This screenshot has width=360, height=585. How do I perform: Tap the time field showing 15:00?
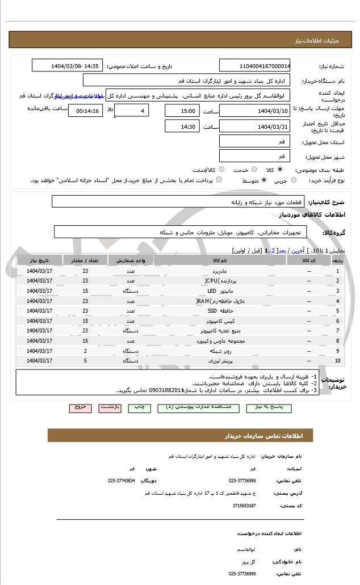[182, 111]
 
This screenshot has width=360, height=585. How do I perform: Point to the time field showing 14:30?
[182, 127]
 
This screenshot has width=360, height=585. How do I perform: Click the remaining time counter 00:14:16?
[85, 111]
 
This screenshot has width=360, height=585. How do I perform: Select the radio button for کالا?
[280, 169]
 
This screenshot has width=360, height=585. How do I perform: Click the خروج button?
[80, 407]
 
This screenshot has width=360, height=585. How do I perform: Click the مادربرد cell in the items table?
[218, 271]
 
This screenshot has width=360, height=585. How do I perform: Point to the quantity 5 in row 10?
[85, 360]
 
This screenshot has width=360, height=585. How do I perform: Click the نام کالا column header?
[219, 260]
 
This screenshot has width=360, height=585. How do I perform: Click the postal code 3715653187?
[242, 505]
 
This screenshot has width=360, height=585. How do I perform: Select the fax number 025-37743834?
[121, 480]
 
